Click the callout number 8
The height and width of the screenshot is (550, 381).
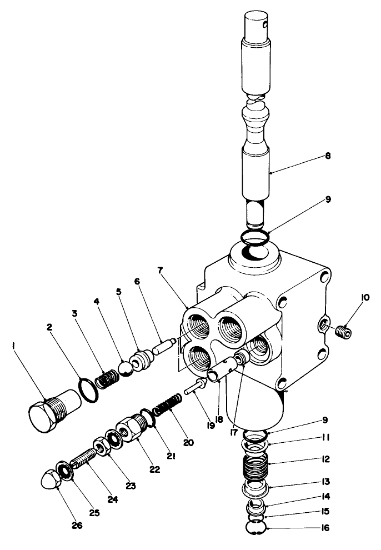pyautogui.click(x=328, y=157)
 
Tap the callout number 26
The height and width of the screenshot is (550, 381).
pyautogui.click(x=77, y=526)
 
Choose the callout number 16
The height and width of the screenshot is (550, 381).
pyautogui.click(x=325, y=528)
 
